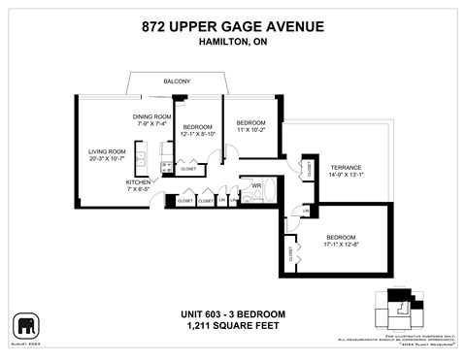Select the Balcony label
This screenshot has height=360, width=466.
coord(176,82)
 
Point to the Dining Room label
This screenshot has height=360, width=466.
coord(152,116)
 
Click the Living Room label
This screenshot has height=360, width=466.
coord(108,151)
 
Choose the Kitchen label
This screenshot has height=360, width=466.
coord(138,182)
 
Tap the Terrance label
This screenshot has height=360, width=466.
coord(346,167)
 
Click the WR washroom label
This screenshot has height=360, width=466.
coord(257,184)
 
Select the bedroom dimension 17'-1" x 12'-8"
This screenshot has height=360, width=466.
coord(341,246)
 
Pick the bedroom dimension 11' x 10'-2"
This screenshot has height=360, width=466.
coord(250,129)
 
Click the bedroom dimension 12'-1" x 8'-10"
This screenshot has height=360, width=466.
coord(198,135)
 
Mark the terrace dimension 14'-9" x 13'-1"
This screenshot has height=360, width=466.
coord(346,176)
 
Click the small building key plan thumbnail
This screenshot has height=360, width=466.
coord(399,311)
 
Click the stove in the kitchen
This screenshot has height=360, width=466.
coord(166,168)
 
